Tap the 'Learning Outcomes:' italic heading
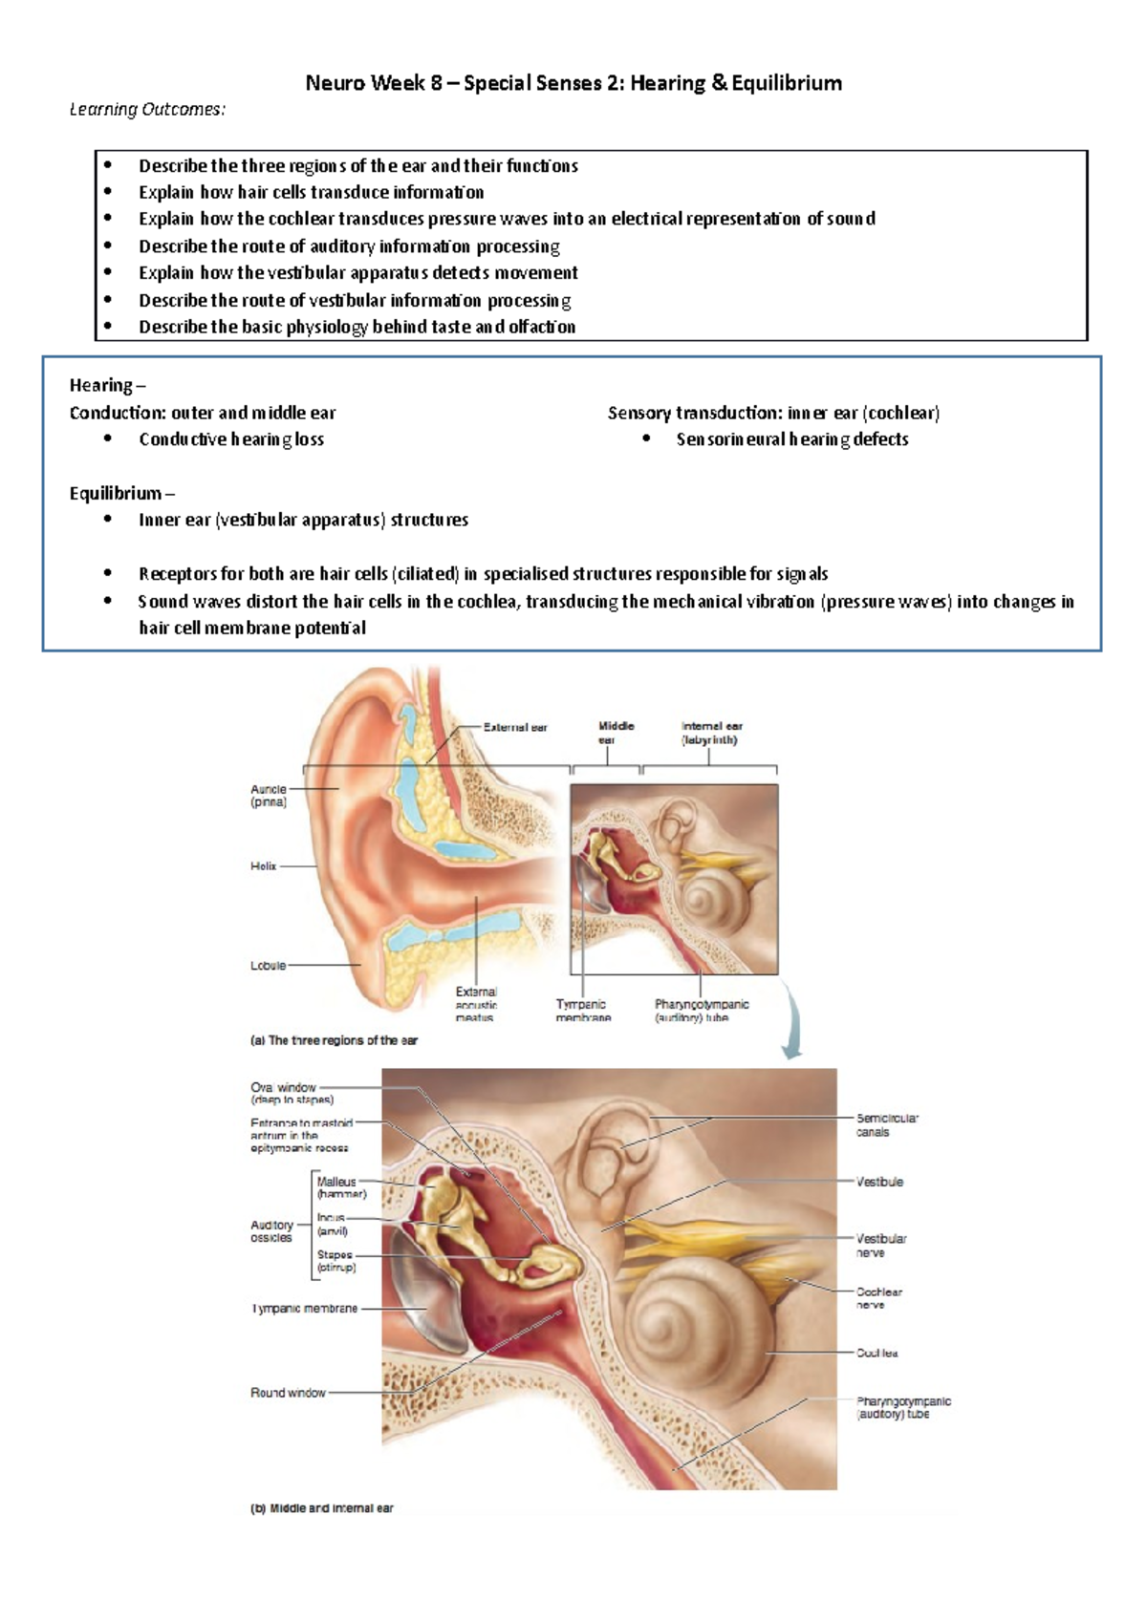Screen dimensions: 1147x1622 pyautogui.click(x=147, y=110)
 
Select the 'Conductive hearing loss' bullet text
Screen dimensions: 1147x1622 pyautogui.click(x=231, y=439)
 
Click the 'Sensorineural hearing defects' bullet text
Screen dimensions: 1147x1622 pyautogui.click(x=792, y=439)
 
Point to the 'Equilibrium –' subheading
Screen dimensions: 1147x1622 pyautogui.click(x=121, y=493)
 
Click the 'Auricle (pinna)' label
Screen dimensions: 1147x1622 pyautogui.click(x=268, y=796)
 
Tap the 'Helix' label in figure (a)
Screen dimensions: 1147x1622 pyautogui.click(x=263, y=866)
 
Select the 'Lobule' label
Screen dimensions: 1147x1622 pyautogui.click(x=268, y=966)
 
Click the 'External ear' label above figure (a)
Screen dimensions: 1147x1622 pyautogui.click(x=514, y=728)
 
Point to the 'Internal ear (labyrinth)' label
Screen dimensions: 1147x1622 pyautogui.click(x=711, y=733)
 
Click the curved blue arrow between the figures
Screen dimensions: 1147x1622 pyautogui.click(x=792, y=1024)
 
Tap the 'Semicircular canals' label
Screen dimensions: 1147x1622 pyautogui.click(x=886, y=1124)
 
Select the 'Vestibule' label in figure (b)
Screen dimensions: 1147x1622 pyautogui.click(x=879, y=1182)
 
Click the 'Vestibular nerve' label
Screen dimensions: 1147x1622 pyautogui.click(x=880, y=1245)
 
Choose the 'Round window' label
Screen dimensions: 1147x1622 pyautogui.click(x=288, y=1393)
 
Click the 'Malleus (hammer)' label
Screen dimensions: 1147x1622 pyautogui.click(x=340, y=1187)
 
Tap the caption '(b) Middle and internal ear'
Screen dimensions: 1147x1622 pyautogui.click(x=322, y=1508)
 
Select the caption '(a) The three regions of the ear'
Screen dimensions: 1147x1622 pyautogui.click(x=334, y=1040)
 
